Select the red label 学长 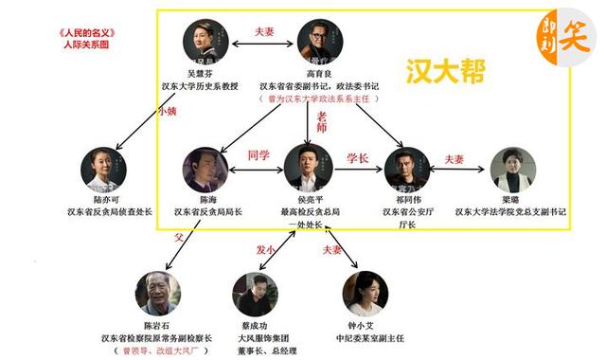click(357, 157)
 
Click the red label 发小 click(267, 250)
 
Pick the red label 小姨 click(168, 111)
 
